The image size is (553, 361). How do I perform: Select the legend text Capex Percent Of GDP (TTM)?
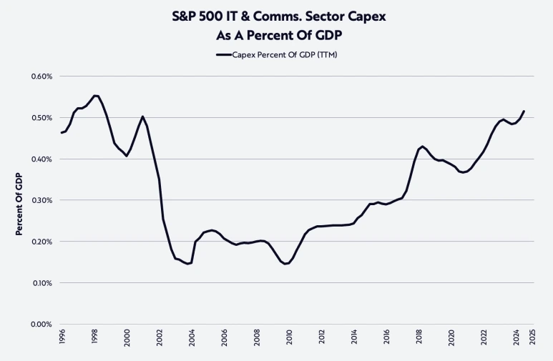point(285,54)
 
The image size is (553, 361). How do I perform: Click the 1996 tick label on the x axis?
point(62,340)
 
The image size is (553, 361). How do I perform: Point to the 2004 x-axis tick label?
point(192,340)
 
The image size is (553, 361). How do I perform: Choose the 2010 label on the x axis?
point(290,340)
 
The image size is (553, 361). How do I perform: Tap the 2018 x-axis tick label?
point(419,340)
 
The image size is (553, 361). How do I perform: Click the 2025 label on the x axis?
point(533,340)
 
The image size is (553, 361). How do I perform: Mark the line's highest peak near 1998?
point(96,96)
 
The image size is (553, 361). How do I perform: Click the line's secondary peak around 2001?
point(143,117)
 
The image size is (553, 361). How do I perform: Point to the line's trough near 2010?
point(286,264)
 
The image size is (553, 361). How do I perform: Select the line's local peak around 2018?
point(423,147)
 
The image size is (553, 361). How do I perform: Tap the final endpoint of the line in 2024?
point(524,111)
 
